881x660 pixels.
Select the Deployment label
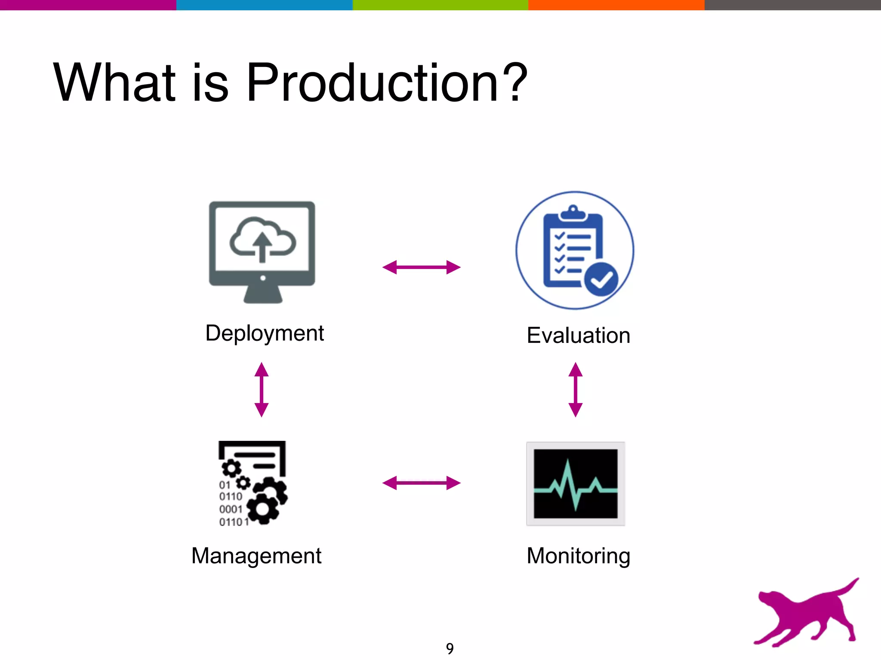click(265, 333)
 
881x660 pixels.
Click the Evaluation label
click(579, 336)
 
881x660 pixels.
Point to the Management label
click(256, 556)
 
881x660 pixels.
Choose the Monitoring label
click(579, 556)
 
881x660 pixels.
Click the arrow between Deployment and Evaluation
click(422, 267)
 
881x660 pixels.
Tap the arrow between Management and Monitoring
click(422, 483)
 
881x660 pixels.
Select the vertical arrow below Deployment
click(262, 390)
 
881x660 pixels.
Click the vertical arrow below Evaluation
click(576, 390)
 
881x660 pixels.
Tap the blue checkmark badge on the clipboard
click(601, 279)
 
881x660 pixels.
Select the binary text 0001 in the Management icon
click(231, 509)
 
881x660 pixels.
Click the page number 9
click(450, 648)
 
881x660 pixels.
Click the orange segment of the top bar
click(616, 5)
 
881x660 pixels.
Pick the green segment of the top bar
click(440, 5)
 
